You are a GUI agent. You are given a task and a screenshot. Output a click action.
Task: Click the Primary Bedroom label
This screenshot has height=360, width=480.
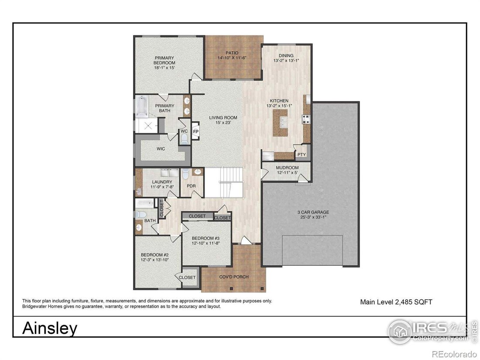pos(165,60)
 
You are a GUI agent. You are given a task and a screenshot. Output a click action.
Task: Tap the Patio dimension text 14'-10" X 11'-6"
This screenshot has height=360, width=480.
pos(232,58)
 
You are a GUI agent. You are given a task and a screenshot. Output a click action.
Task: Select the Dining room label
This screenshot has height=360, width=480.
pos(286,55)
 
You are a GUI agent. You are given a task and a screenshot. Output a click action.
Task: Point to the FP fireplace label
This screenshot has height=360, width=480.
pos(195,132)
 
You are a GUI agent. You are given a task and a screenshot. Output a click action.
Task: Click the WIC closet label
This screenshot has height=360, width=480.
pos(161,149)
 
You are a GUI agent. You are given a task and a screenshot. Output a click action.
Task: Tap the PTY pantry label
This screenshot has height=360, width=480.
pos(302,154)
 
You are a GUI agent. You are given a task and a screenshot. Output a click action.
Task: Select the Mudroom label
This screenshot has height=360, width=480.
pos(287,168)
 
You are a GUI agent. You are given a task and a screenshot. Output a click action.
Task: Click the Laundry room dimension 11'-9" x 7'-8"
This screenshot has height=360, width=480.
pos(162,187)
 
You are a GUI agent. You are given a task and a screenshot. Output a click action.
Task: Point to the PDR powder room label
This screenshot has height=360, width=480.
pos(191,186)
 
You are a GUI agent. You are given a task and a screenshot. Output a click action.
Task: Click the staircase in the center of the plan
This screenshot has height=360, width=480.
pos(224,182)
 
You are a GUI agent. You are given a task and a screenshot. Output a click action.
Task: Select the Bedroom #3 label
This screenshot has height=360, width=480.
pos(206,238)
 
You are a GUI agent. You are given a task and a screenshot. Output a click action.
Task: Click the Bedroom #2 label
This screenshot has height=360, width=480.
pos(154,255)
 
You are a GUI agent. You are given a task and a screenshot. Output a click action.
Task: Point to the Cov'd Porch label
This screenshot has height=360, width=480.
pos(234,277)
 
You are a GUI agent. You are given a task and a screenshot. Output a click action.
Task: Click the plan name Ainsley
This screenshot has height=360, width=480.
pos(50,328)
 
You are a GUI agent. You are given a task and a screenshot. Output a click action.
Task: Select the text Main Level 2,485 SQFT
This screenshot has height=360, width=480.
pos(396,302)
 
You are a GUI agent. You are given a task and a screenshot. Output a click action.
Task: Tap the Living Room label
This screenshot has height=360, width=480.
pos(223,117)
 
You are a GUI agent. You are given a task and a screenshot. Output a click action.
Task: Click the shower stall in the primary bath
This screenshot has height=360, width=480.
pos(146,125)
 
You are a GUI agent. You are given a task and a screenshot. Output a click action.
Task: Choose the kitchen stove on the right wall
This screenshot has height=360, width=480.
pos(306,119)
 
